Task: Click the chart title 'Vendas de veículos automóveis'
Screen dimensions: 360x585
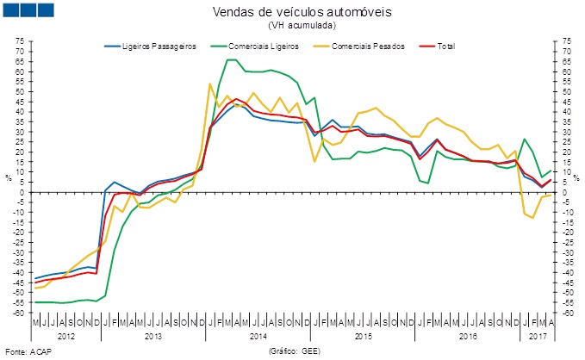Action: point(294,12)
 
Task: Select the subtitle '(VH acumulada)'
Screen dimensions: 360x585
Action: point(294,26)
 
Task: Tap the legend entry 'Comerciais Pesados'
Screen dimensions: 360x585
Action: point(362,46)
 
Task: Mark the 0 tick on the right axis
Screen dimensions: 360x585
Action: point(564,191)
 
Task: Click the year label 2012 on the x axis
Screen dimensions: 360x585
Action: point(65,334)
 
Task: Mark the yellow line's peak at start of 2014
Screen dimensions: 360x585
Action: point(210,84)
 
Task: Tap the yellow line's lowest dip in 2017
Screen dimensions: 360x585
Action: point(533,217)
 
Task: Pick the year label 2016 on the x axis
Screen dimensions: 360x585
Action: point(468,334)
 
